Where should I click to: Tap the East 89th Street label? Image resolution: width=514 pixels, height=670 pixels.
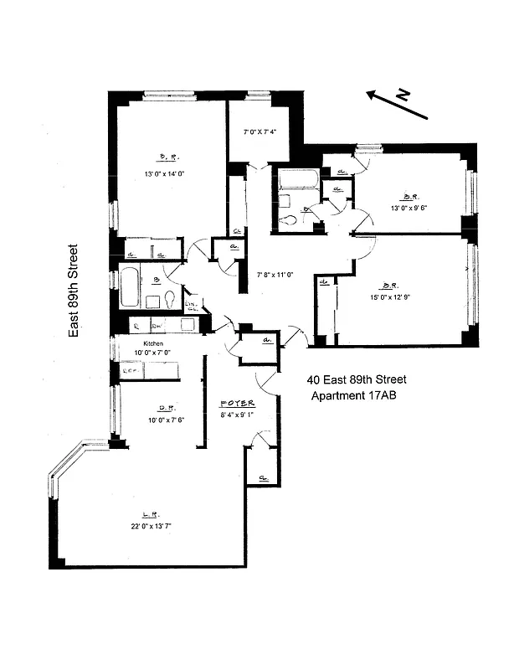click(74, 291)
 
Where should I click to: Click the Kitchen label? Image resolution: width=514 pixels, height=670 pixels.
click(152, 343)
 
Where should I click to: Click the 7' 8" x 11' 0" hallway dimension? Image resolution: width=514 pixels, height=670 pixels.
click(277, 274)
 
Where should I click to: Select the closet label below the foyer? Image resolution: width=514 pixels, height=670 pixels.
click(263, 478)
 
